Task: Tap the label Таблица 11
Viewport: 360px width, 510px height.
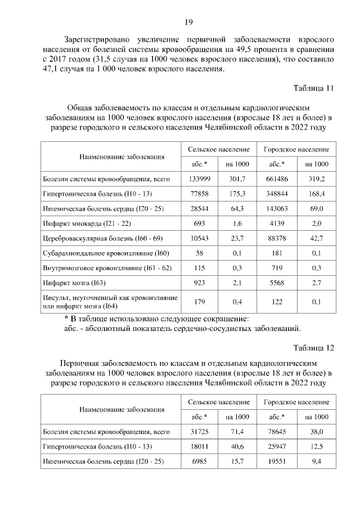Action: pyautogui.click(x=314, y=88)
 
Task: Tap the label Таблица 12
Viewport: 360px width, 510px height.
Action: pyautogui.click(x=314, y=347)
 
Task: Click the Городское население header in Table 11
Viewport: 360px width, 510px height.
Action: pyautogui.click(x=296, y=149)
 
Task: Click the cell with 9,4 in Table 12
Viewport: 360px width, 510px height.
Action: pyautogui.click(x=317, y=462)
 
